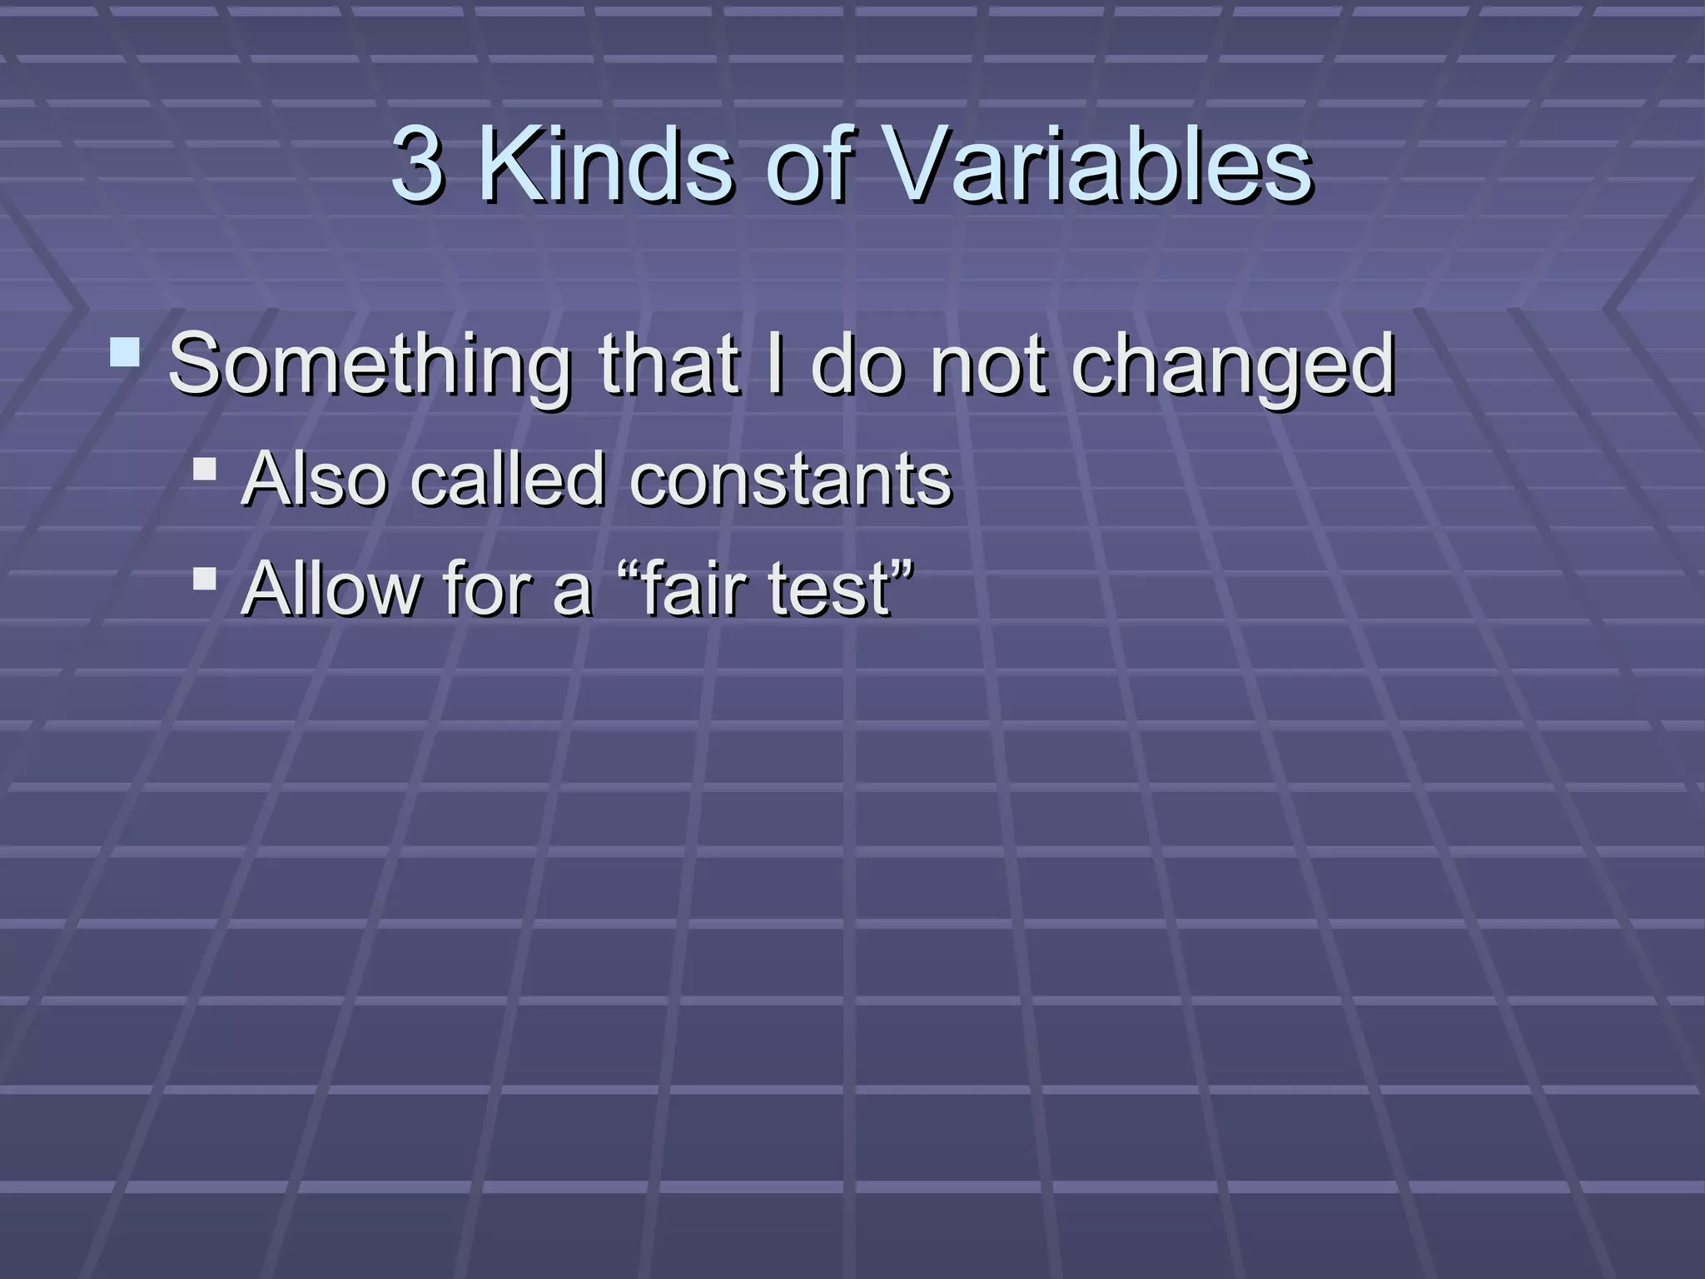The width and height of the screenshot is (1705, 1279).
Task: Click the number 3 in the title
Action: (x=417, y=164)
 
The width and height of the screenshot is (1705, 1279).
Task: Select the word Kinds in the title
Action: (x=607, y=164)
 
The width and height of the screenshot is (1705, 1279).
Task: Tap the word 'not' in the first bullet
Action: (x=987, y=364)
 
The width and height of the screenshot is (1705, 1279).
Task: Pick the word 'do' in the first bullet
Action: (x=857, y=364)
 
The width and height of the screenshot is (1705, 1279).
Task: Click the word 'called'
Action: (x=508, y=479)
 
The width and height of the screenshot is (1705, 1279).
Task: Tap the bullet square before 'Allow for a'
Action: (x=204, y=578)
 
